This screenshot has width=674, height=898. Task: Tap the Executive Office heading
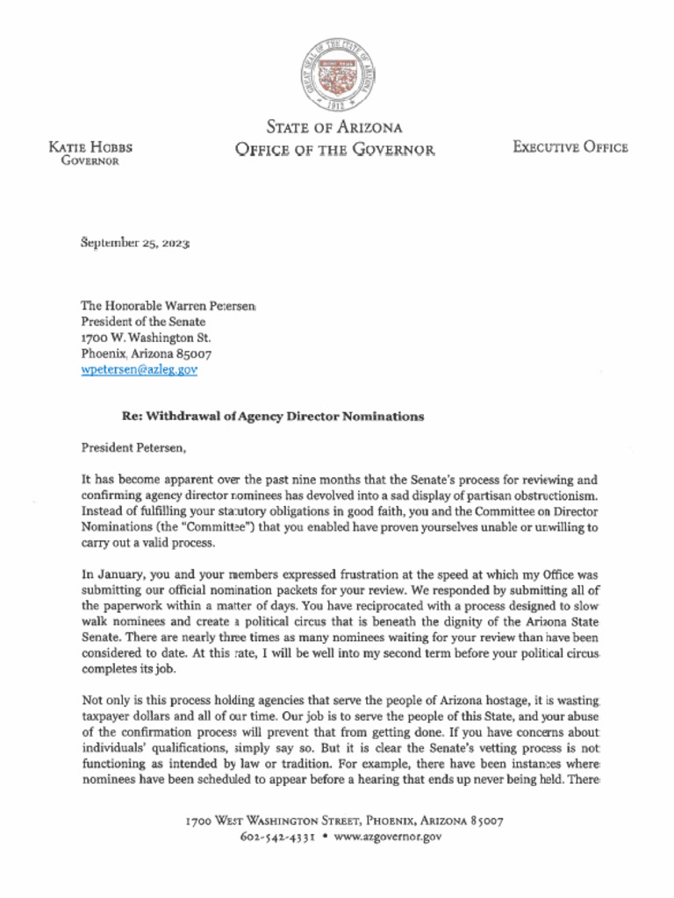pyautogui.click(x=570, y=147)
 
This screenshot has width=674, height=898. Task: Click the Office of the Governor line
pyautogui.click(x=334, y=150)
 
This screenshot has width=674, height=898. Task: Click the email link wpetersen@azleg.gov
pyautogui.click(x=139, y=370)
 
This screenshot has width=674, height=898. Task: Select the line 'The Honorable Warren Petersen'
pyautogui.click(x=168, y=305)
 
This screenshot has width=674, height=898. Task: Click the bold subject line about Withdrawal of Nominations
pyautogui.click(x=272, y=417)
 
